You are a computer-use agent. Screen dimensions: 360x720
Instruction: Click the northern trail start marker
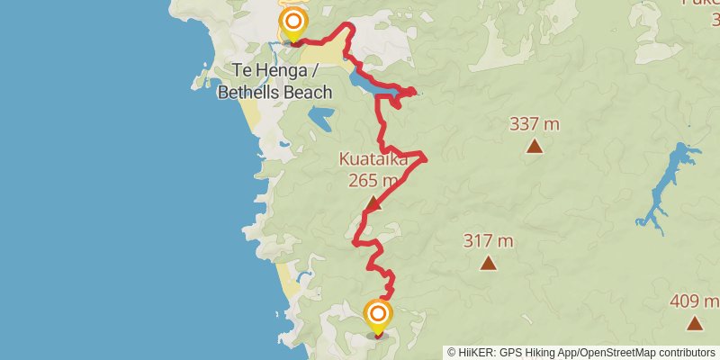[292, 22]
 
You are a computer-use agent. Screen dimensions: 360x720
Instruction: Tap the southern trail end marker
[378, 314]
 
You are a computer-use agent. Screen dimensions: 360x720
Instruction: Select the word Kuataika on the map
[373, 159]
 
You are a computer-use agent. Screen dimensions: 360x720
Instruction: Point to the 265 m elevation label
[373, 180]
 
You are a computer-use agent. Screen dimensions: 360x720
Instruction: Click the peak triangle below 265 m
[373, 203]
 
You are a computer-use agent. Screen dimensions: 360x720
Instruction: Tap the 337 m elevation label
[535, 124]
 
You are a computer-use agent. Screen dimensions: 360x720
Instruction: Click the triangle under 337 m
[535, 146]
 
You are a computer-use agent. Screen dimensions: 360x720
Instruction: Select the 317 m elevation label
[488, 241]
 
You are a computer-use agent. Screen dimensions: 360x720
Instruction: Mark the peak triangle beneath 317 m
[488, 263]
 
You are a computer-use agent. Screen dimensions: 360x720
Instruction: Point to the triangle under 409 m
[694, 323]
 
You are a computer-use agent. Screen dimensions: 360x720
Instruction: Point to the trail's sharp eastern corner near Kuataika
[425, 159]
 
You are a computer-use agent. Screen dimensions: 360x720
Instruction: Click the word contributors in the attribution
[685, 353]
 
